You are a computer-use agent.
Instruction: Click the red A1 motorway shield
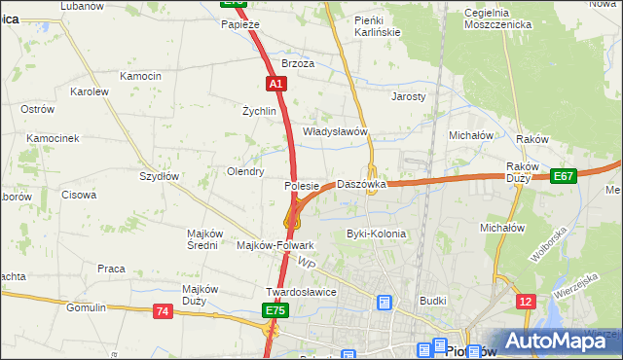point(276,85)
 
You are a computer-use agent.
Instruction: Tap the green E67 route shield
point(563,176)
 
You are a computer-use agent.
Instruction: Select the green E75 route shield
point(275,310)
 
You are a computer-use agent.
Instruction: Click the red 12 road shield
point(527,303)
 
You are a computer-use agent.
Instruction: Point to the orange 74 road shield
point(163,311)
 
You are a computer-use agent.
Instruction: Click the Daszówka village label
point(361,184)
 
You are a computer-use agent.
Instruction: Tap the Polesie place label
point(302,186)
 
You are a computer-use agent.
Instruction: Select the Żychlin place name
point(260,111)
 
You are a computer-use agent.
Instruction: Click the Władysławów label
point(334,131)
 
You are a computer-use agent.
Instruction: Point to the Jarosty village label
point(408,97)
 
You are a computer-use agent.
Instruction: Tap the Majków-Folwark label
point(275,246)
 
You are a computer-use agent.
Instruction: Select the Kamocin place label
point(140,76)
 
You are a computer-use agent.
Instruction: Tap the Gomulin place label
point(86,307)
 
